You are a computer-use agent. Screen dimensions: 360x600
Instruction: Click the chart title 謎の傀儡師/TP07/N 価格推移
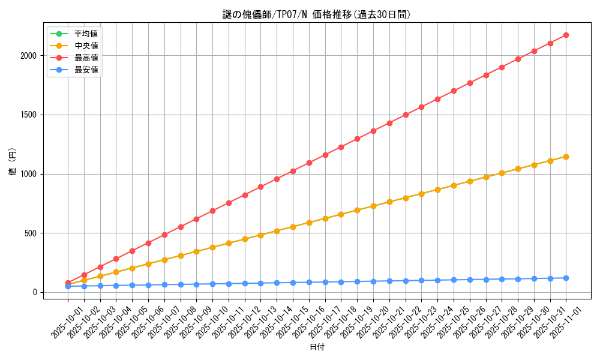(x=316, y=14)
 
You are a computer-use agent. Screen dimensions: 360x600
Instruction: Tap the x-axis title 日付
(x=317, y=347)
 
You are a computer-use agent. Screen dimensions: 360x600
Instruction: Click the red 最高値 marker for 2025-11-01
(x=566, y=35)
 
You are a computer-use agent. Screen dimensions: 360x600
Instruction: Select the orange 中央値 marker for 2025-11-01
(x=566, y=157)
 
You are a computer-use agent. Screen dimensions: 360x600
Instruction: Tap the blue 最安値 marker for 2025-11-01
(x=566, y=278)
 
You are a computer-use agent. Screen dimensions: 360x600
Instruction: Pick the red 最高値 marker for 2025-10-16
(x=309, y=163)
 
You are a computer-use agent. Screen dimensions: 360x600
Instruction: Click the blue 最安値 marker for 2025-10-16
(x=309, y=282)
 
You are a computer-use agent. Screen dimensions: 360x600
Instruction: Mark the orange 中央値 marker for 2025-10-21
(x=389, y=202)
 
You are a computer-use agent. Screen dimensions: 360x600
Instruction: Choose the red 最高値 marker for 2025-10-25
(x=454, y=91)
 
